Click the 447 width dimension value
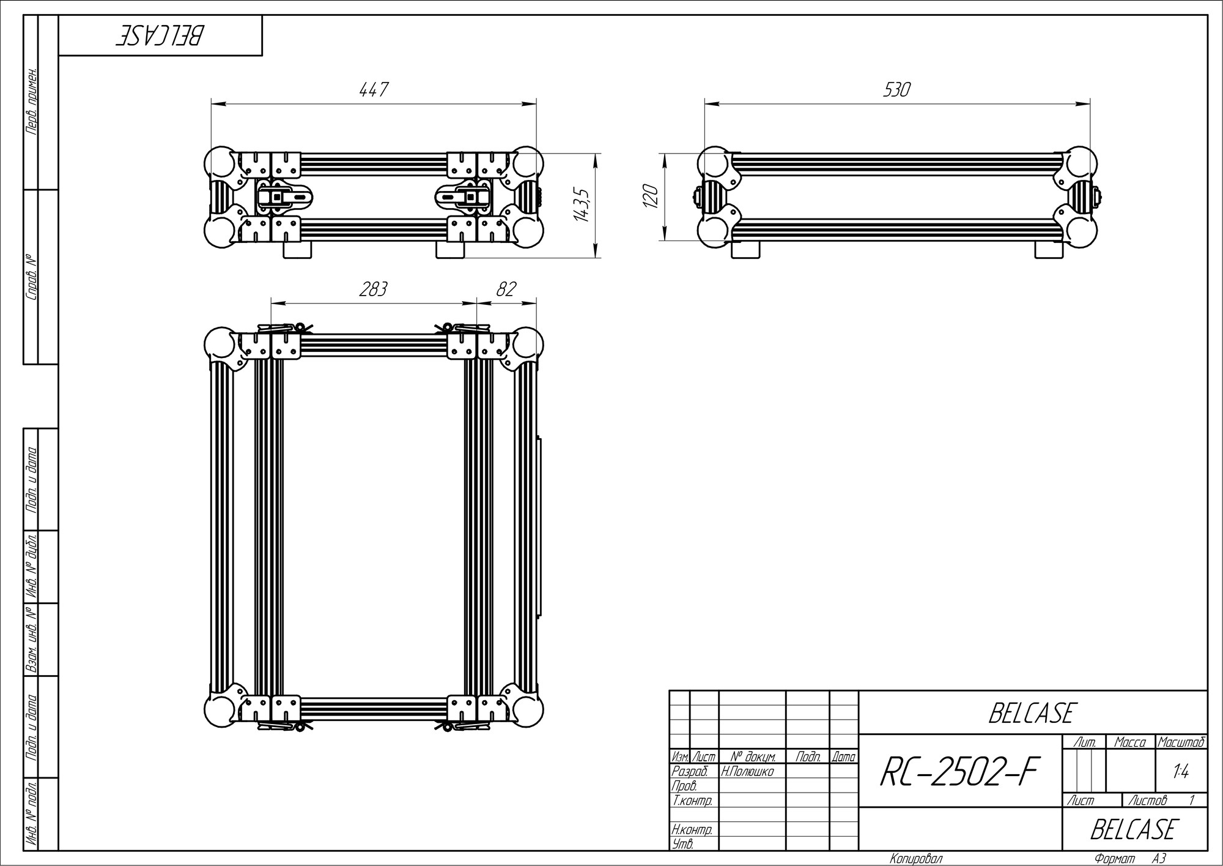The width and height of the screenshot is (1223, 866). pyautogui.click(x=373, y=90)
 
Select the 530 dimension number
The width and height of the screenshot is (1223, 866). pyautogui.click(x=896, y=90)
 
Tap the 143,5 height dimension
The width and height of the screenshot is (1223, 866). pyautogui.click(x=582, y=205)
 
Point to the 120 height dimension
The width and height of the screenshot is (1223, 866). pyautogui.click(x=651, y=196)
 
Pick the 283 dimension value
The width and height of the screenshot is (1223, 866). pyautogui.click(x=373, y=289)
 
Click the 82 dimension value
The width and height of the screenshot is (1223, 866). pyautogui.click(x=506, y=289)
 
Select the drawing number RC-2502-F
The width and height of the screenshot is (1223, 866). pyautogui.click(x=959, y=772)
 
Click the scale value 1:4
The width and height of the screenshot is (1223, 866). pyautogui.click(x=1181, y=772)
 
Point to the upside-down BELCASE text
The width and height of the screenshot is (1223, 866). pyautogui.click(x=160, y=36)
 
